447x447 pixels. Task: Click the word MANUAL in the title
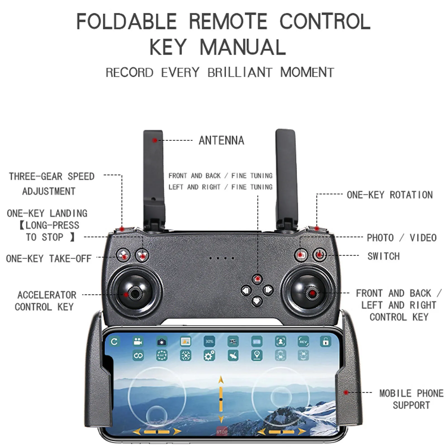tap(243, 47)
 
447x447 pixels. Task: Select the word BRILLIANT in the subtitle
tap(240, 73)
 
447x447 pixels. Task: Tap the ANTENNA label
tap(221, 141)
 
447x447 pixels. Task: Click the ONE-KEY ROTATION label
tap(389, 195)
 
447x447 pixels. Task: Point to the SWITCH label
tap(383, 256)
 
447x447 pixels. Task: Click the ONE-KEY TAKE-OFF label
tap(49, 259)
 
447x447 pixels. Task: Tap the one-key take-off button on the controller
tap(123, 255)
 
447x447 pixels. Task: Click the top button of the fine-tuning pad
tap(257, 279)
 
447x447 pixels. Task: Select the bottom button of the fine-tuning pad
tap(257, 301)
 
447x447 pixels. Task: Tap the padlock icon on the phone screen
tap(325, 341)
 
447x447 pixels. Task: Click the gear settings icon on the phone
tap(209, 356)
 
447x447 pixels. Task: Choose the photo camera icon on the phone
tap(161, 342)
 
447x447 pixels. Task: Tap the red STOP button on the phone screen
tap(222, 432)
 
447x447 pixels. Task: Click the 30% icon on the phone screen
tap(209, 341)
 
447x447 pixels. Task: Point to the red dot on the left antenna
tap(154, 140)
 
